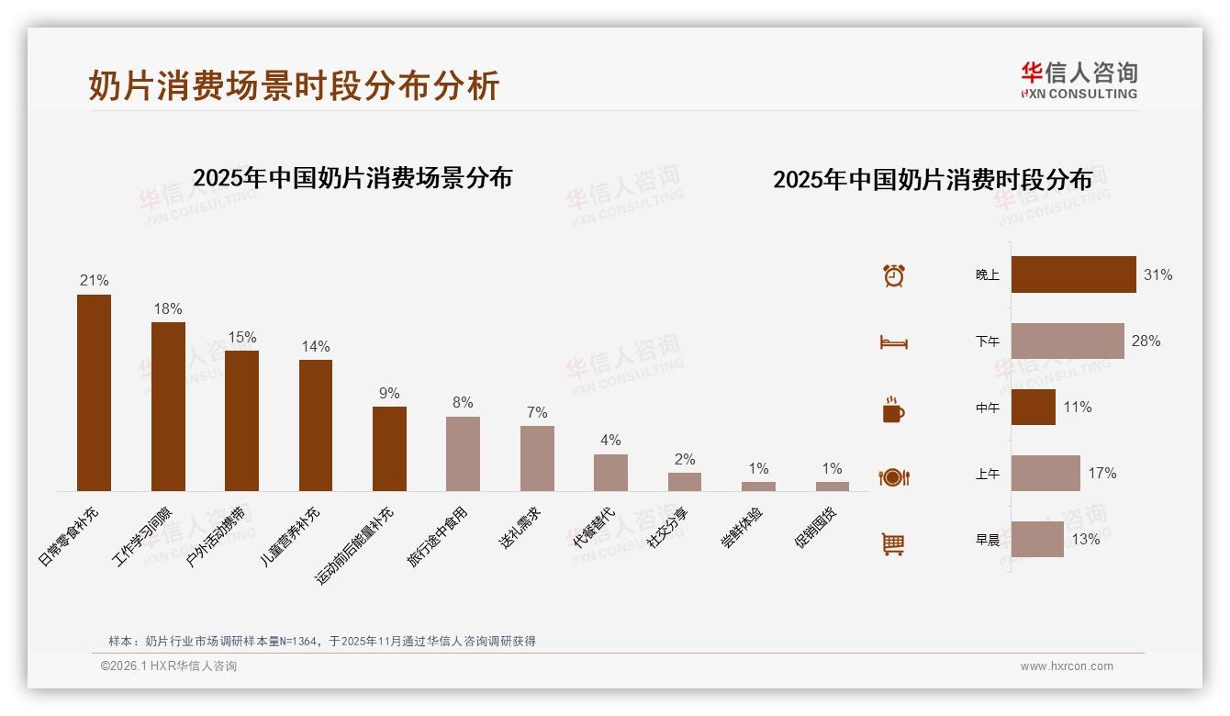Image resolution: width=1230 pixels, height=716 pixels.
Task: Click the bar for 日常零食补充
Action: pos(94,393)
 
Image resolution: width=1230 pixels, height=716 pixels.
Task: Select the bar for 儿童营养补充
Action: pos(316,425)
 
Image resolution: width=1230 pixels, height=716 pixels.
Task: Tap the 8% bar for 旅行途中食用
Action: pos(463,453)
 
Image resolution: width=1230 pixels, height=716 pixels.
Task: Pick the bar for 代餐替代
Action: pos(610,473)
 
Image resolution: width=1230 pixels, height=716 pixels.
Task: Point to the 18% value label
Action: pos(168,309)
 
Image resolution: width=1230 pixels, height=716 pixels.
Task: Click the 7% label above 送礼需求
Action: pos(537,413)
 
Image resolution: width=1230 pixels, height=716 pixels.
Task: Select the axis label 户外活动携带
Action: pos(217,535)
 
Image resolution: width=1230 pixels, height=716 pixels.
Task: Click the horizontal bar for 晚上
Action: pos(1073,274)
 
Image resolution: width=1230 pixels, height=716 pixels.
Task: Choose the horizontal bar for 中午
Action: pos(1034,408)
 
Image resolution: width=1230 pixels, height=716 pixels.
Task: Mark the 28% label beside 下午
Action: pos(1146,341)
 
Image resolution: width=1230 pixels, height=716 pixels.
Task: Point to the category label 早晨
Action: pos(988,540)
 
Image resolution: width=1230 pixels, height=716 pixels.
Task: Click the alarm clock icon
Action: pos(894,275)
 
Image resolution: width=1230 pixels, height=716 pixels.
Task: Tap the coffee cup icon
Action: pos(893,409)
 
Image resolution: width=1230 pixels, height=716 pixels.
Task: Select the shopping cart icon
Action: pos(893,543)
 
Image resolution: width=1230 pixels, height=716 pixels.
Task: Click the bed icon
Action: pos(893,342)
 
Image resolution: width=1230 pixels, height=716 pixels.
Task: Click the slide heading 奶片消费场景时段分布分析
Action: pos(294,85)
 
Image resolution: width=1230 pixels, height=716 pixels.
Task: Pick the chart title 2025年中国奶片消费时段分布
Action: pos(933,180)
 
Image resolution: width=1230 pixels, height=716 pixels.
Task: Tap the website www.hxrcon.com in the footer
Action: pos(1067,666)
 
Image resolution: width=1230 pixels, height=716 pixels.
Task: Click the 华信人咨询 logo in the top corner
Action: pos(1079,81)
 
